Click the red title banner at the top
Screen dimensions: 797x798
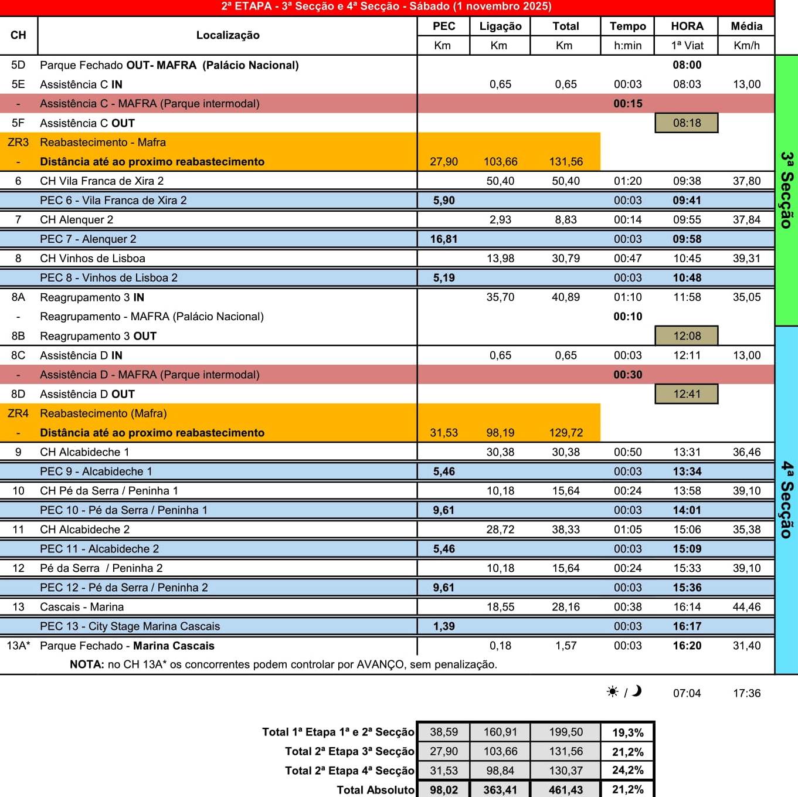(387, 7)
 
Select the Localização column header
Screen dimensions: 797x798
(227, 35)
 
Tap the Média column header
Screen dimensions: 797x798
(746, 26)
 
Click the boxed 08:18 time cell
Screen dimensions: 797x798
(687, 123)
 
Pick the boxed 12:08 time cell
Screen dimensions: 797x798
(687, 336)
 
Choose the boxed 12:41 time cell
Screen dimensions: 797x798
(687, 394)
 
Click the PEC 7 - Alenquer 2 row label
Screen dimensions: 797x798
(88, 239)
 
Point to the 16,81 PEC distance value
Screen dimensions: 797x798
(443, 239)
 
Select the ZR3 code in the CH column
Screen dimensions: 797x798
(18, 143)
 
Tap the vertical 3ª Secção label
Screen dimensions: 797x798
(787, 190)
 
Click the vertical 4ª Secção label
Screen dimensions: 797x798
(787, 500)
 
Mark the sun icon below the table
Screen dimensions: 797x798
(613, 692)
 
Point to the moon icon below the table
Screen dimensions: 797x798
(637, 691)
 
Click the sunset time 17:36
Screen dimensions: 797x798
(746, 693)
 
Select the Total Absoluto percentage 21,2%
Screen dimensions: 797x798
(627, 789)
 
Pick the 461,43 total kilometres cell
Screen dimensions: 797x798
(565, 790)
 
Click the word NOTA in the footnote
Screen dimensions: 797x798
(87, 664)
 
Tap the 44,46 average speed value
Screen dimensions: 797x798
(746, 607)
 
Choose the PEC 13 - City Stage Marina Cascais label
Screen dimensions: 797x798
(130, 626)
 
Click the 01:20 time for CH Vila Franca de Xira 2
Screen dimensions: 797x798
(627, 181)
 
